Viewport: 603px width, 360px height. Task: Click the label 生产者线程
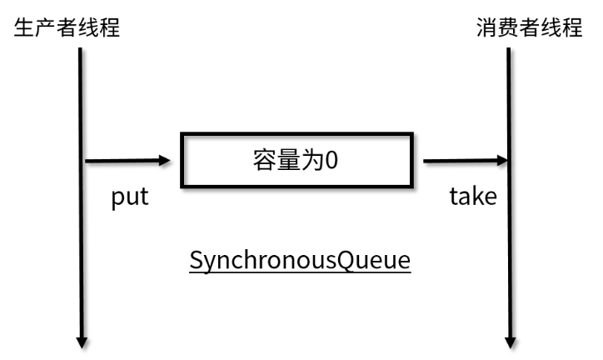coord(67,27)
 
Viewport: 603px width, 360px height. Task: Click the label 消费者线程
coord(528,27)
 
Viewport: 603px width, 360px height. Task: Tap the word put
coord(130,197)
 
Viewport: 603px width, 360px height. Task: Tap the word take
coord(473,197)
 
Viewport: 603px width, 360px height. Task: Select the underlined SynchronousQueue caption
coord(300,260)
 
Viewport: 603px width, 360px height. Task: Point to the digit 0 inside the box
coord(331,160)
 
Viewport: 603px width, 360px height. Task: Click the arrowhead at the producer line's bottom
coord(82,341)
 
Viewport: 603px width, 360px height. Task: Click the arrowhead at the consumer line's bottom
coord(509,341)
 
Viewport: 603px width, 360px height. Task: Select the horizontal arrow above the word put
coord(125,160)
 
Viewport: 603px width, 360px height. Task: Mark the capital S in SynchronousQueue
coord(196,260)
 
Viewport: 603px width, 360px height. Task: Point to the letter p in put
coord(118,199)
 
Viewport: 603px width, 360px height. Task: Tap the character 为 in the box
coord(309,160)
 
